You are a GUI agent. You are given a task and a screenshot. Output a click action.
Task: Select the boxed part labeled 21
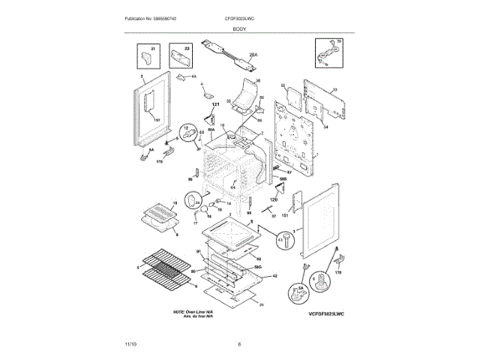coord(148,55)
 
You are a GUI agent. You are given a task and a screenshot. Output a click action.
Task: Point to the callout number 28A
coord(253,55)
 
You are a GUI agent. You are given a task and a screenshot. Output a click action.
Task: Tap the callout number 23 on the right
coord(335,90)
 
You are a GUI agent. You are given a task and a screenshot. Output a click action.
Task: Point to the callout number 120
coord(273,199)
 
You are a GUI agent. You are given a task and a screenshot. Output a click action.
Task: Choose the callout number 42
coord(275,276)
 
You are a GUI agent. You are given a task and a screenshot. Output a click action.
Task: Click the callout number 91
coord(198,250)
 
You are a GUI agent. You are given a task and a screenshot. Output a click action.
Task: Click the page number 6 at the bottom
coord(239,344)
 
